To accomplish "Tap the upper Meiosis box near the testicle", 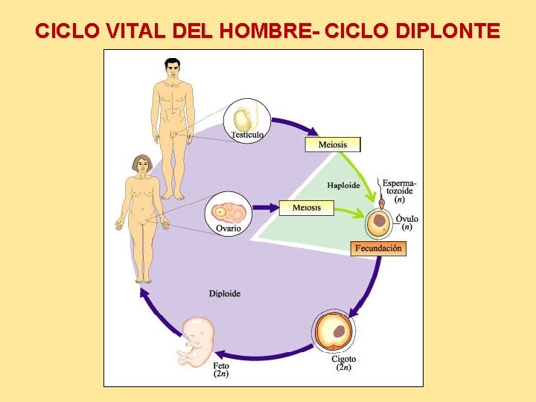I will coord(332,144).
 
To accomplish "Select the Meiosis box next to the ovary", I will coord(306,207).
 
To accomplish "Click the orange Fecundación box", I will coord(378,248).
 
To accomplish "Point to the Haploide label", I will coord(343,185).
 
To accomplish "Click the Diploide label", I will coord(225,293).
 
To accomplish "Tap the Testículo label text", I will coord(247,135).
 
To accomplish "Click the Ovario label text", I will coord(229,229).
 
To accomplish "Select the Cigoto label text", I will coord(343,360).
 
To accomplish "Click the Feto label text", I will coord(221,366).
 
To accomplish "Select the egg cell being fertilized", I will coord(380,221).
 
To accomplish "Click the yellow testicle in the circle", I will coord(243,119).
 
